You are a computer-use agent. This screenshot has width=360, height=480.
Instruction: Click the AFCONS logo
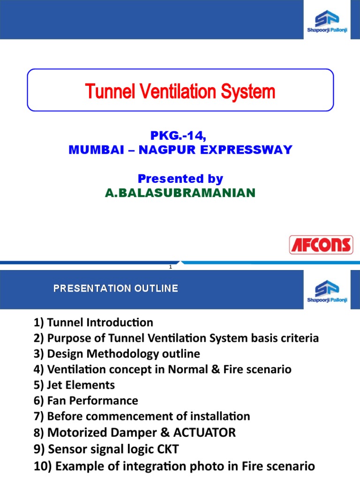point(320,245)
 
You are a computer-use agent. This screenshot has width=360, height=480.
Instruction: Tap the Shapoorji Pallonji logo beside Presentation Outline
point(326,291)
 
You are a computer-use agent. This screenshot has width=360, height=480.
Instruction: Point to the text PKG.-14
point(178,136)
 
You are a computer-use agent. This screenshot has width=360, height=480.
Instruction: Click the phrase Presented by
point(180,179)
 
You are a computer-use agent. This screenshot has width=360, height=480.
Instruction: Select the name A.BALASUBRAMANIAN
point(180,193)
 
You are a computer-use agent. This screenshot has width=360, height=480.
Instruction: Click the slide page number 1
point(171,267)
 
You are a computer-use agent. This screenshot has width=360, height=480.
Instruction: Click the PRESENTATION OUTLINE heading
point(116,288)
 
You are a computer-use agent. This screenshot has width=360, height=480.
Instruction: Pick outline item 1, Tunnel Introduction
point(93,322)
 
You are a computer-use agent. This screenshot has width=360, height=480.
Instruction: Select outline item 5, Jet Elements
point(74,385)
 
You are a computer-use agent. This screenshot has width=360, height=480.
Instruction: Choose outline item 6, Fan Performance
point(86,400)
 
